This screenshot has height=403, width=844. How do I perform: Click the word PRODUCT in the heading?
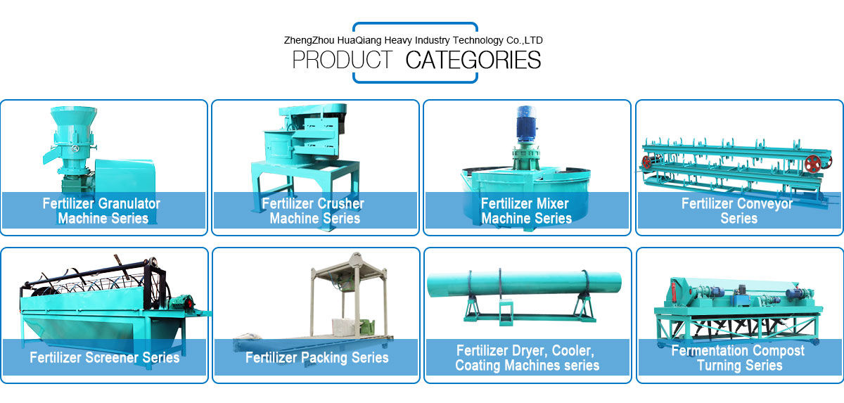click(343, 60)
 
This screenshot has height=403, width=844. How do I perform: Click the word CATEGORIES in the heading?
click(473, 60)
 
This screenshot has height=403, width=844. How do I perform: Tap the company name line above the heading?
click(413, 40)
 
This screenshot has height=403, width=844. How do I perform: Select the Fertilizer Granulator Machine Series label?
click(103, 211)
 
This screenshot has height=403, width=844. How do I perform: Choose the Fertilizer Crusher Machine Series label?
click(314, 211)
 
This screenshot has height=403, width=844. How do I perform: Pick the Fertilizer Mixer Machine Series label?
click(526, 211)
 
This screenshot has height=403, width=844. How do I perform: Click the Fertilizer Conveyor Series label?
click(738, 211)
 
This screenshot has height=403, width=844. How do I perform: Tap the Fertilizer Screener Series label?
click(104, 358)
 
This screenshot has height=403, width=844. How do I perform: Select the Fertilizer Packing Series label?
click(316, 358)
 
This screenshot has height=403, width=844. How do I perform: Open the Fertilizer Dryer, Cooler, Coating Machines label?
click(527, 358)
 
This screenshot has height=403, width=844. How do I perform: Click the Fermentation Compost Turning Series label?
click(738, 358)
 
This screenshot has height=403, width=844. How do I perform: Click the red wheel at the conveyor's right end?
click(813, 163)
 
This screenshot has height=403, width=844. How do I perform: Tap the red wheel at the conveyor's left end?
click(646, 162)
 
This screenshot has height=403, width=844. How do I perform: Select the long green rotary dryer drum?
click(524, 283)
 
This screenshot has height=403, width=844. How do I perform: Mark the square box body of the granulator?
click(124, 176)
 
